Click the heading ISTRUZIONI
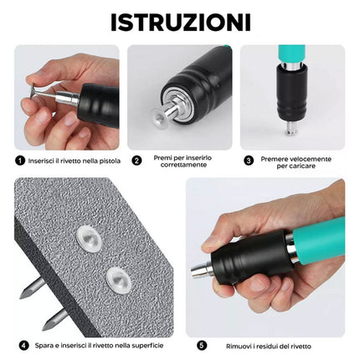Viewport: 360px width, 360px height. point(179,19)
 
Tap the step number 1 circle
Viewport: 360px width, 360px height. point(19,159)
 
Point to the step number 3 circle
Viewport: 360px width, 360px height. point(249,159)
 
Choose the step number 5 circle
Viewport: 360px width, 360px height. point(201,344)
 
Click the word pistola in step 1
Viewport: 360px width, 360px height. point(107,159)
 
